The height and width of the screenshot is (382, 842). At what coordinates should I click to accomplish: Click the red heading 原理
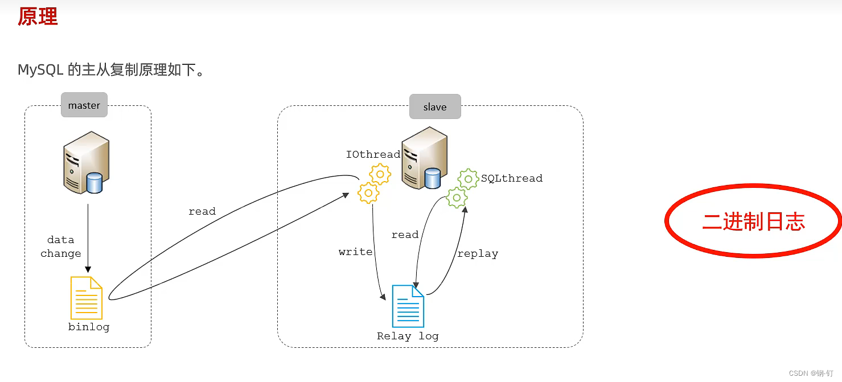click(x=38, y=17)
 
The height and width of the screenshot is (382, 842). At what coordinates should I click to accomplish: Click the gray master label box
click(x=84, y=105)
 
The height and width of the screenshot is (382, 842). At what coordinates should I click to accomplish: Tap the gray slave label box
click(x=435, y=107)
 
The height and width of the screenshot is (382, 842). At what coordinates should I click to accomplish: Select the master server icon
click(x=86, y=162)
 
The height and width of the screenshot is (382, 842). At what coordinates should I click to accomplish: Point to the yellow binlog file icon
click(x=87, y=298)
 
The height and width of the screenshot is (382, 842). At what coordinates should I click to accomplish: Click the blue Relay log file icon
click(x=408, y=306)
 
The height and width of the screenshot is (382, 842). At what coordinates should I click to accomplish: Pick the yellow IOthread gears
click(x=373, y=183)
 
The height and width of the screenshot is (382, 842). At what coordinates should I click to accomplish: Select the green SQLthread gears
click(x=462, y=188)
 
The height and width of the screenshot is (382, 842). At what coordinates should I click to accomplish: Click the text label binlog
click(x=89, y=327)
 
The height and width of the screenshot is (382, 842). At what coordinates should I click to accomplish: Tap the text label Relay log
click(x=408, y=336)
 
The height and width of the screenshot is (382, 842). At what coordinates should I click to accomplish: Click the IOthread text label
click(x=373, y=154)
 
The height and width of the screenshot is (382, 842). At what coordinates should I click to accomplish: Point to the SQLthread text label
click(x=511, y=178)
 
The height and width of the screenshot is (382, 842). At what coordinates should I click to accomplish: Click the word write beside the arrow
click(x=355, y=252)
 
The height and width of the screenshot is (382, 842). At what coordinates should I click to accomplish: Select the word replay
click(x=477, y=254)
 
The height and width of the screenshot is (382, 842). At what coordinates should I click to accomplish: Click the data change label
click(x=61, y=247)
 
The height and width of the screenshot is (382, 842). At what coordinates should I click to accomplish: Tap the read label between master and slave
click(x=202, y=211)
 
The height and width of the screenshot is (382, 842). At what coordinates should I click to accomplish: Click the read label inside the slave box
click(x=405, y=235)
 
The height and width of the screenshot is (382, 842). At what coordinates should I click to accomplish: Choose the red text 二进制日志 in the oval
click(x=753, y=221)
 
